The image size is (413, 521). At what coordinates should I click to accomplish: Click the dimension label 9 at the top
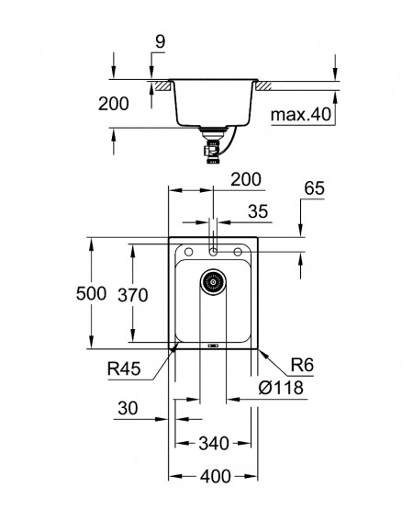[160, 42]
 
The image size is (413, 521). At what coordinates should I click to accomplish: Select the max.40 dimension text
[301, 115]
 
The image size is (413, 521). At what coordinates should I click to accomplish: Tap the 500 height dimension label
[91, 293]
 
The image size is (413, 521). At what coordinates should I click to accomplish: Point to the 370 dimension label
[133, 295]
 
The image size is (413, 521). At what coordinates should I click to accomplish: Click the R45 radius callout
[124, 368]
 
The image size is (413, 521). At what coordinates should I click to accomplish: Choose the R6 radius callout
[302, 365]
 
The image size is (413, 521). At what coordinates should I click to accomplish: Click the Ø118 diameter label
[281, 388]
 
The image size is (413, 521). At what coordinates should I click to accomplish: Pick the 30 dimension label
[128, 408]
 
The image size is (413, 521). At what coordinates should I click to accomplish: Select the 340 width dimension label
[214, 443]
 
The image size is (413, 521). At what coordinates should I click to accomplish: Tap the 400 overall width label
[215, 477]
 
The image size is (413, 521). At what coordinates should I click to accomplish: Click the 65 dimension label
[314, 188]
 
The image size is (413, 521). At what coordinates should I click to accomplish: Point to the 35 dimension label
[258, 211]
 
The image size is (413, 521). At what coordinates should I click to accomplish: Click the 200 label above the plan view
[246, 180]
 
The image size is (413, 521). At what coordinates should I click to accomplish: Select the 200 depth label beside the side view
[114, 104]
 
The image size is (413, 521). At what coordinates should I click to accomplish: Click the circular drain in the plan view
[213, 282]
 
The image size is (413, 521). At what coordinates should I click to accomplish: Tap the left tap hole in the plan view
[188, 252]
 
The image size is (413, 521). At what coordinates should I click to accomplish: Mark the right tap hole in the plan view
[238, 252]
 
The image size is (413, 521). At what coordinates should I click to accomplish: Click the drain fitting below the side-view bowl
[212, 145]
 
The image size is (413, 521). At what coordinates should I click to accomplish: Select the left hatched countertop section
[163, 85]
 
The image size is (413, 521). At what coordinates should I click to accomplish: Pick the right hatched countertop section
[262, 85]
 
